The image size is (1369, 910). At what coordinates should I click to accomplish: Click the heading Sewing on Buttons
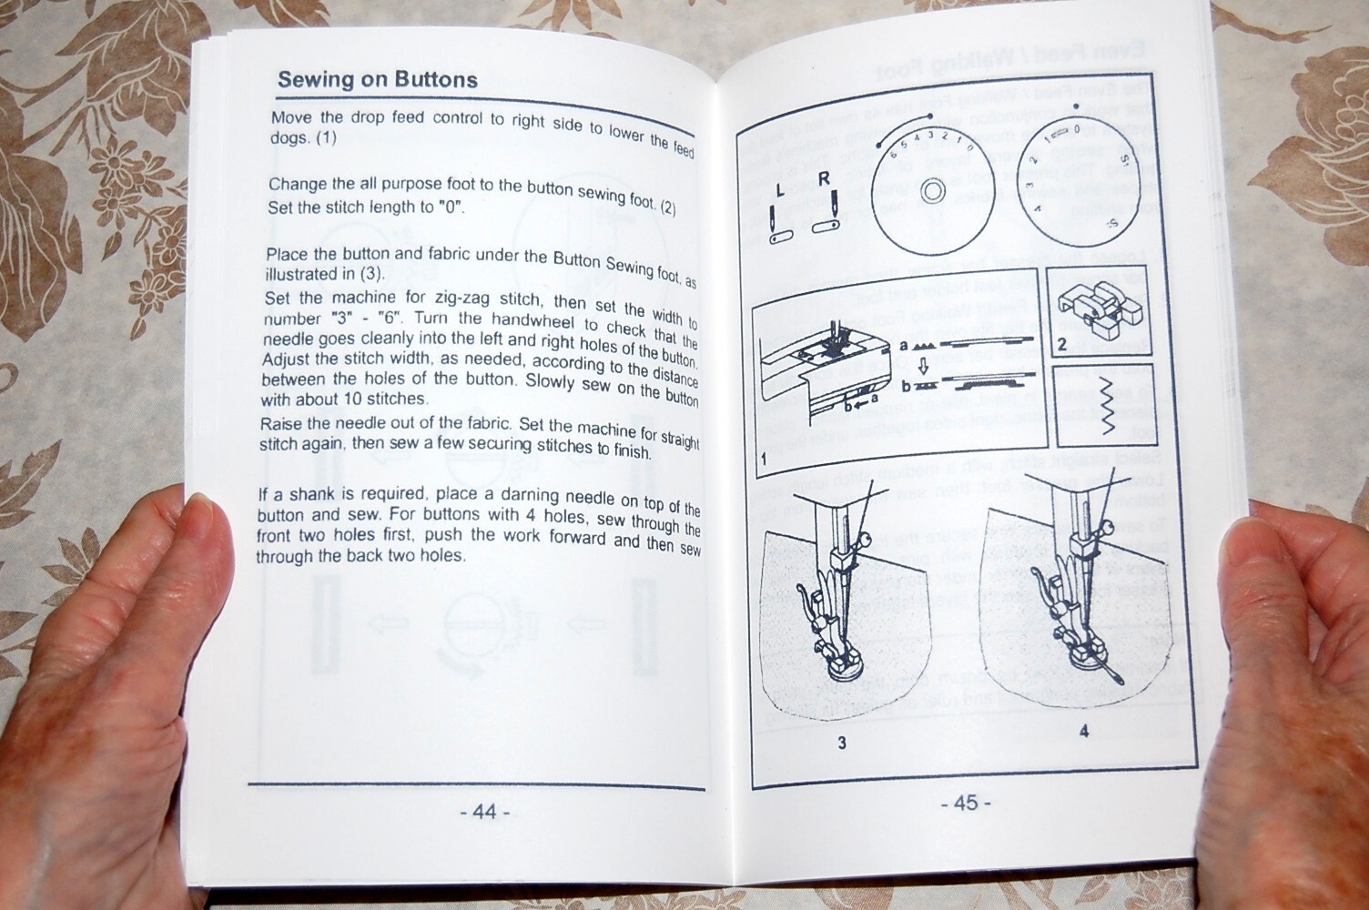pyautogui.click(x=377, y=80)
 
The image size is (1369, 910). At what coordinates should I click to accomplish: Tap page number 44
pyautogui.click(x=484, y=811)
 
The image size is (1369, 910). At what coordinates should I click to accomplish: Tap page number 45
pyautogui.click(x=966, y=803)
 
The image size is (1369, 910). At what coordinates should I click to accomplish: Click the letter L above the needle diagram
pyautogui.click(x=779, y=190)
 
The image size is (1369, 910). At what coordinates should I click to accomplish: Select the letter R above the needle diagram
pyautogui.click(x=823, y=178)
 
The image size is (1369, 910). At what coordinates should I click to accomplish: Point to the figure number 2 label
pyautogui.click(x=1061, y=345)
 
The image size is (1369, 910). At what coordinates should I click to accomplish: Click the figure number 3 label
pyautogui.click(x=842, y=743)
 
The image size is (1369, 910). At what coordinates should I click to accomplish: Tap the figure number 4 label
pyautogui.click(x=1083, y=731)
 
